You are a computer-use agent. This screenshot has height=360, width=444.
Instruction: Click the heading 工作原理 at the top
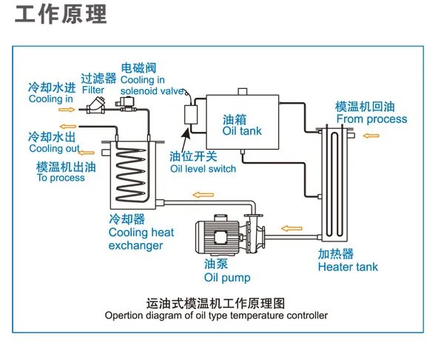coord(61,15)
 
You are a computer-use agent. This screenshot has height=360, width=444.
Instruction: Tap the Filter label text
coord(93,90)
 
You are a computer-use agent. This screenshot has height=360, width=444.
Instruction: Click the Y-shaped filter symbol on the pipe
coord(95,107)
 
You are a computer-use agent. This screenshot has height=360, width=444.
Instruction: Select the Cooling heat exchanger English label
coord(141,239)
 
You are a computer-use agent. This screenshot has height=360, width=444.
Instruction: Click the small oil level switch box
coord(192,116)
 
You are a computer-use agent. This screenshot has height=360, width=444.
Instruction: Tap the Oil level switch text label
coord(203,169)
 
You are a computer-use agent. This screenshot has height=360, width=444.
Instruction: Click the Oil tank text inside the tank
coord(242,132)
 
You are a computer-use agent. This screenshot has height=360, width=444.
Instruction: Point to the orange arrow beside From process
coord(371,136)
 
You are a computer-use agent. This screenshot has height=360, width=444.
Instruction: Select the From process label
coord(371,119)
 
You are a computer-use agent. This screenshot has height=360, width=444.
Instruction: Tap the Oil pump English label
coord(227,279)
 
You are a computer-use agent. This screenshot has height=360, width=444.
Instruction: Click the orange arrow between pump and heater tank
coord(293,227)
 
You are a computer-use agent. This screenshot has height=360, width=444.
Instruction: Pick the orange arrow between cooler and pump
coord(198,196)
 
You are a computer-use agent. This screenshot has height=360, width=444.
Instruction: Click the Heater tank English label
coord(348,267)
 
